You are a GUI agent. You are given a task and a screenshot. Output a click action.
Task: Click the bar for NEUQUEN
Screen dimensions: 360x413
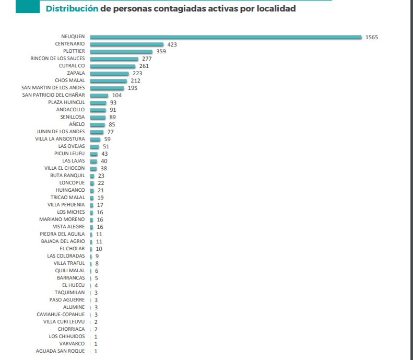[226, 37]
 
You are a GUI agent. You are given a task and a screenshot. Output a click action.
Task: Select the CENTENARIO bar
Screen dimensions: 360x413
[126, 44]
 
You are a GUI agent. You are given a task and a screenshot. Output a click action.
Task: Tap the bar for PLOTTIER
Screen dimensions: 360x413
[121, 52]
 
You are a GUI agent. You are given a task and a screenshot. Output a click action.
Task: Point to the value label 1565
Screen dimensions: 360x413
[371, 37]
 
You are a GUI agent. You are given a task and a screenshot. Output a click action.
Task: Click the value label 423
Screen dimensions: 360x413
[172, 44]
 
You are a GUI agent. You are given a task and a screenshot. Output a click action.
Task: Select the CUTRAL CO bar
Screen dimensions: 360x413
[112, 66]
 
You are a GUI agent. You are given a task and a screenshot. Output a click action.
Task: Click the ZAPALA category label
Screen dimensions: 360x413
[76, 74]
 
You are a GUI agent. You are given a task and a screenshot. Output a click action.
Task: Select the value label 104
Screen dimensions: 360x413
[117, 96]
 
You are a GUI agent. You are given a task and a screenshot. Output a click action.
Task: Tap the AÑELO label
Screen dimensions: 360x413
[77, 125]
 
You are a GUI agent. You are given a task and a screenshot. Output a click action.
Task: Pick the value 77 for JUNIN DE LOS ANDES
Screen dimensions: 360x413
[110, 132]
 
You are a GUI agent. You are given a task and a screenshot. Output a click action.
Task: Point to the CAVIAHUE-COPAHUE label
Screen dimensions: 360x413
[61, 315]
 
